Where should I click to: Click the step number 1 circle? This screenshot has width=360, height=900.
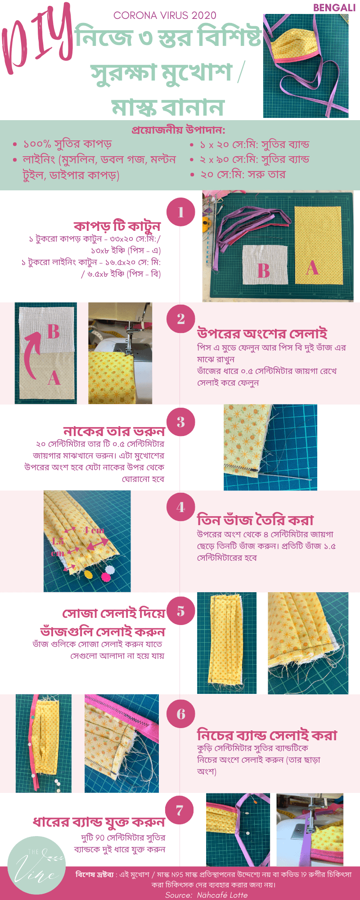180,212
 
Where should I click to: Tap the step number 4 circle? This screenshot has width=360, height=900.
180,507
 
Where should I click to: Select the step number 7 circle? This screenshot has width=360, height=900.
180,810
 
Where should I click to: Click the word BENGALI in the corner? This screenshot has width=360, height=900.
334,8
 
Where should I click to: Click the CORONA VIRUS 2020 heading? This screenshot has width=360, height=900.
165,16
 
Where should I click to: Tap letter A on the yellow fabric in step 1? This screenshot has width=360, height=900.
312,268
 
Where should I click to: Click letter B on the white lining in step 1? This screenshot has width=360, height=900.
263,271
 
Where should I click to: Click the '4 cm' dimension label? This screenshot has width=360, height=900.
94,531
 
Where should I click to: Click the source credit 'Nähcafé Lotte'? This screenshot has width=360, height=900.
222,895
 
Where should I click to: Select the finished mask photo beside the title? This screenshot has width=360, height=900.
306,66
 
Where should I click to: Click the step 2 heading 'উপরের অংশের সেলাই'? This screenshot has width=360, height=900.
262,334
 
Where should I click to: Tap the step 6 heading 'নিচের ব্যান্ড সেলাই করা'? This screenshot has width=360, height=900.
267,735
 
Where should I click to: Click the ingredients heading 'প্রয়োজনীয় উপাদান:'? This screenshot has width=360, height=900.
179,130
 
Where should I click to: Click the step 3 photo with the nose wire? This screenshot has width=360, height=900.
270,447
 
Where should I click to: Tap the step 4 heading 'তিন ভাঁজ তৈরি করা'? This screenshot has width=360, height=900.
255,520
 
